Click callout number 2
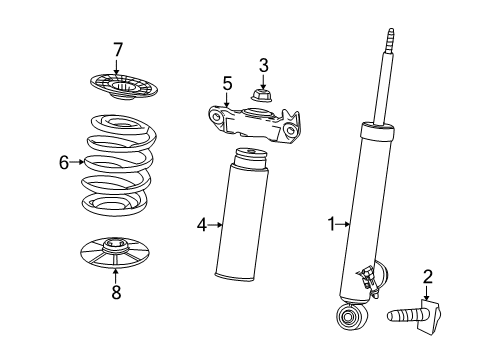pos(427,276)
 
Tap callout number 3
pos(264,66)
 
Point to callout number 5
pos(227,84)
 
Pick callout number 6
pos(65,162)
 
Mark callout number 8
pos(116,293)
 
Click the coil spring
pos(117,165)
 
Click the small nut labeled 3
pos(264,97)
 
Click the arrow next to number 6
pos(76,162)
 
